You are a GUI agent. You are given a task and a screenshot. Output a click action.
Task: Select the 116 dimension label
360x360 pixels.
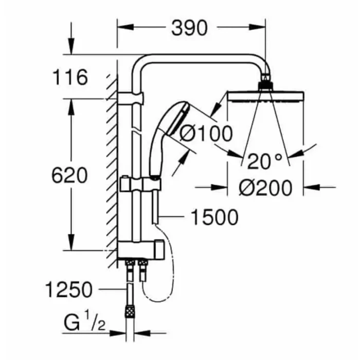pos(70,78)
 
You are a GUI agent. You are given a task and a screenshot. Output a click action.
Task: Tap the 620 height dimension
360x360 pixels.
pos(70,176)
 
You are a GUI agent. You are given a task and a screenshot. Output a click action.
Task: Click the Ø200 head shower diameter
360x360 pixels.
pos(265,188)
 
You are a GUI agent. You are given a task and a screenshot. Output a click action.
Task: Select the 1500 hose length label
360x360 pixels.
pos(214,218)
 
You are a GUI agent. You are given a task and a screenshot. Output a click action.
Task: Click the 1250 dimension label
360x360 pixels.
pos(68,290)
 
